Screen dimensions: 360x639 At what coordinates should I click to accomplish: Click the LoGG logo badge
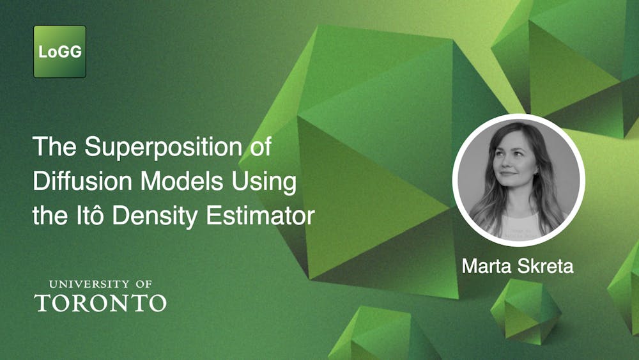pyautogui.click(x=59, y=52)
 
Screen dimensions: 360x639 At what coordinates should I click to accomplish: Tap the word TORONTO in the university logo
pyautogui.click(x=100, y=302)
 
